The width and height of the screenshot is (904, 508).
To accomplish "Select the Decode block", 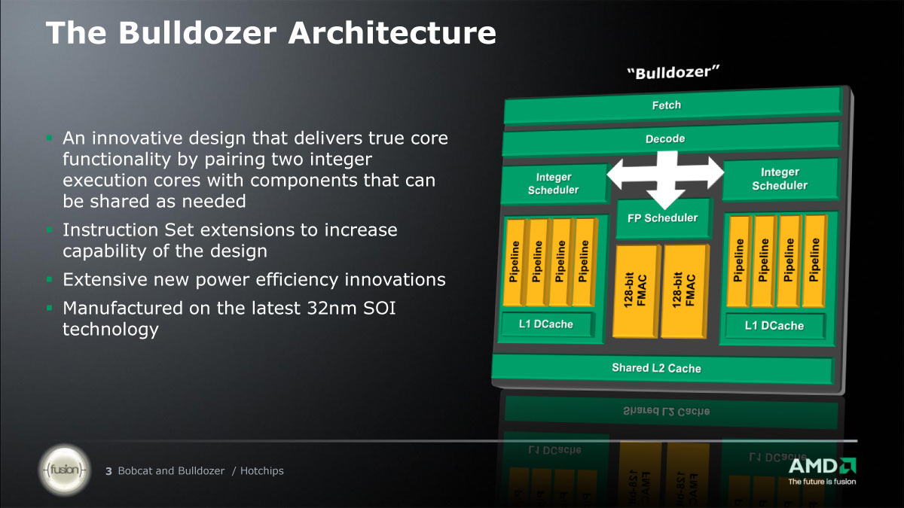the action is point(670,139).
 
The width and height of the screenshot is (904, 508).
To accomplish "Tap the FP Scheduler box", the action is point(663,218).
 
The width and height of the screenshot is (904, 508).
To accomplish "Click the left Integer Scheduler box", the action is point(554,184).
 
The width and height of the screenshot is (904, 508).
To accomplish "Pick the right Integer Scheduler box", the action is point(780,179).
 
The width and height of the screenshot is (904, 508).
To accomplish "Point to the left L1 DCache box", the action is point(546,324).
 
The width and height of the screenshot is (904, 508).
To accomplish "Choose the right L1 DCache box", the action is point(774,326).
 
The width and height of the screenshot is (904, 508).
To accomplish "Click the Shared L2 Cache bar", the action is point(662,368).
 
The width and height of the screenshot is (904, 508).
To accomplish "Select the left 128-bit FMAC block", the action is point(636,291).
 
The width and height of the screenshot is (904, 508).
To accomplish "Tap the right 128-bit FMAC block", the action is point(684,291).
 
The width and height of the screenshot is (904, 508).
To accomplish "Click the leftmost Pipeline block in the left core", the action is point(514,262).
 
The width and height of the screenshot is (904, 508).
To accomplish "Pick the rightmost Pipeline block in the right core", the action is point(814,260).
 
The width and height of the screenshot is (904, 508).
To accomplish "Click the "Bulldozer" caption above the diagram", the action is point(673,72).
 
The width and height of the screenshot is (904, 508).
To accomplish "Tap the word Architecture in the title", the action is point(392,32).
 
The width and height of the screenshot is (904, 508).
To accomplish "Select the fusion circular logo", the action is point(64,470).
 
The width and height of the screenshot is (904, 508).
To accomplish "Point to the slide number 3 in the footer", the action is point(108,471).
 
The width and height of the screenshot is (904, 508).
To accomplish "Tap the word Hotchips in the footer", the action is point(262,471).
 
